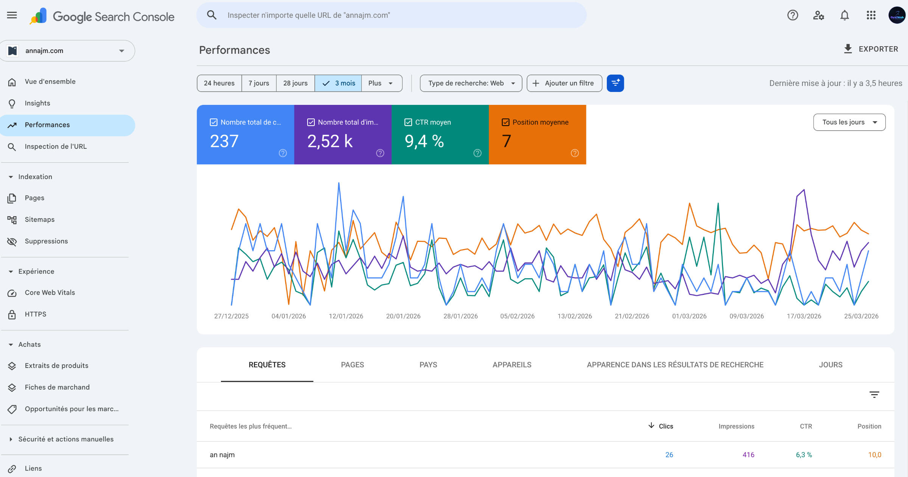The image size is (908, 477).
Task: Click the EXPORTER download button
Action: (x=871, y=49)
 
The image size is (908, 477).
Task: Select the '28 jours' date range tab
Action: (x=295, y=83)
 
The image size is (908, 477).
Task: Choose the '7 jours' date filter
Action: (x=259, y=83)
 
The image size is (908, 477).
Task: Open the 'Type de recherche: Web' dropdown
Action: (x=471, y=83)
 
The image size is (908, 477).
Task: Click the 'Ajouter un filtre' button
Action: (x=564, y=83)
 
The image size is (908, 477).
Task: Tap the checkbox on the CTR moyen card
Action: (x=408, y=122)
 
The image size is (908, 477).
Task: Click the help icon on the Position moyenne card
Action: (x=575, y=153)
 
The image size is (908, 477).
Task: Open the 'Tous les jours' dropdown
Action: (x=849, y=122)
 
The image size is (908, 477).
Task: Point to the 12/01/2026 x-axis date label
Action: (x=346, y=316)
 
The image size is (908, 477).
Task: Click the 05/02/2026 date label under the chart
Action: (x=517, y=316)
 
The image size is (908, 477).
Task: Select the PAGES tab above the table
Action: (x=352, y=365)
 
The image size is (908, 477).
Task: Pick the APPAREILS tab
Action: (x=512, y=365)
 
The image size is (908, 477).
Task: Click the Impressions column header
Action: (x=736, y=426)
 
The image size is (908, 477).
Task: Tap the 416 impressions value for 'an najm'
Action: (x=748, y=455)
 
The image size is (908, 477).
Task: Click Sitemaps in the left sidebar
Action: (x=40, y=220)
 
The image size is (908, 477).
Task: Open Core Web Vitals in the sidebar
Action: (x=50, y=293)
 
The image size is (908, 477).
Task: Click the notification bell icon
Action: (x=844, y=15)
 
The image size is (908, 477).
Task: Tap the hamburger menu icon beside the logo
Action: (x=12, y=15)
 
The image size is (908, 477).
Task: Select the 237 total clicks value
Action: (x=224, y=141)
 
